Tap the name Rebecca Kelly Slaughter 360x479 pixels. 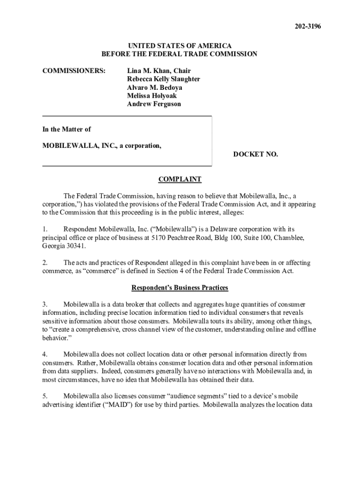point(163,79)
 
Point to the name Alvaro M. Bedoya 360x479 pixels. point(154,87)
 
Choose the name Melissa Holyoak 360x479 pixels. point(151,96)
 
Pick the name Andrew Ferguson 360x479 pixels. point(153,104)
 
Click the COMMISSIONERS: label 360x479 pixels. point(74,71)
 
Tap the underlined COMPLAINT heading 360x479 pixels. point(180,179)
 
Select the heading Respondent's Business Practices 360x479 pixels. point(180,287)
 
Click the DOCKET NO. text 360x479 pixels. point(255,154)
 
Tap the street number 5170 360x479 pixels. point(159,238)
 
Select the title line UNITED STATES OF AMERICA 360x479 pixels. point(180,45)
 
